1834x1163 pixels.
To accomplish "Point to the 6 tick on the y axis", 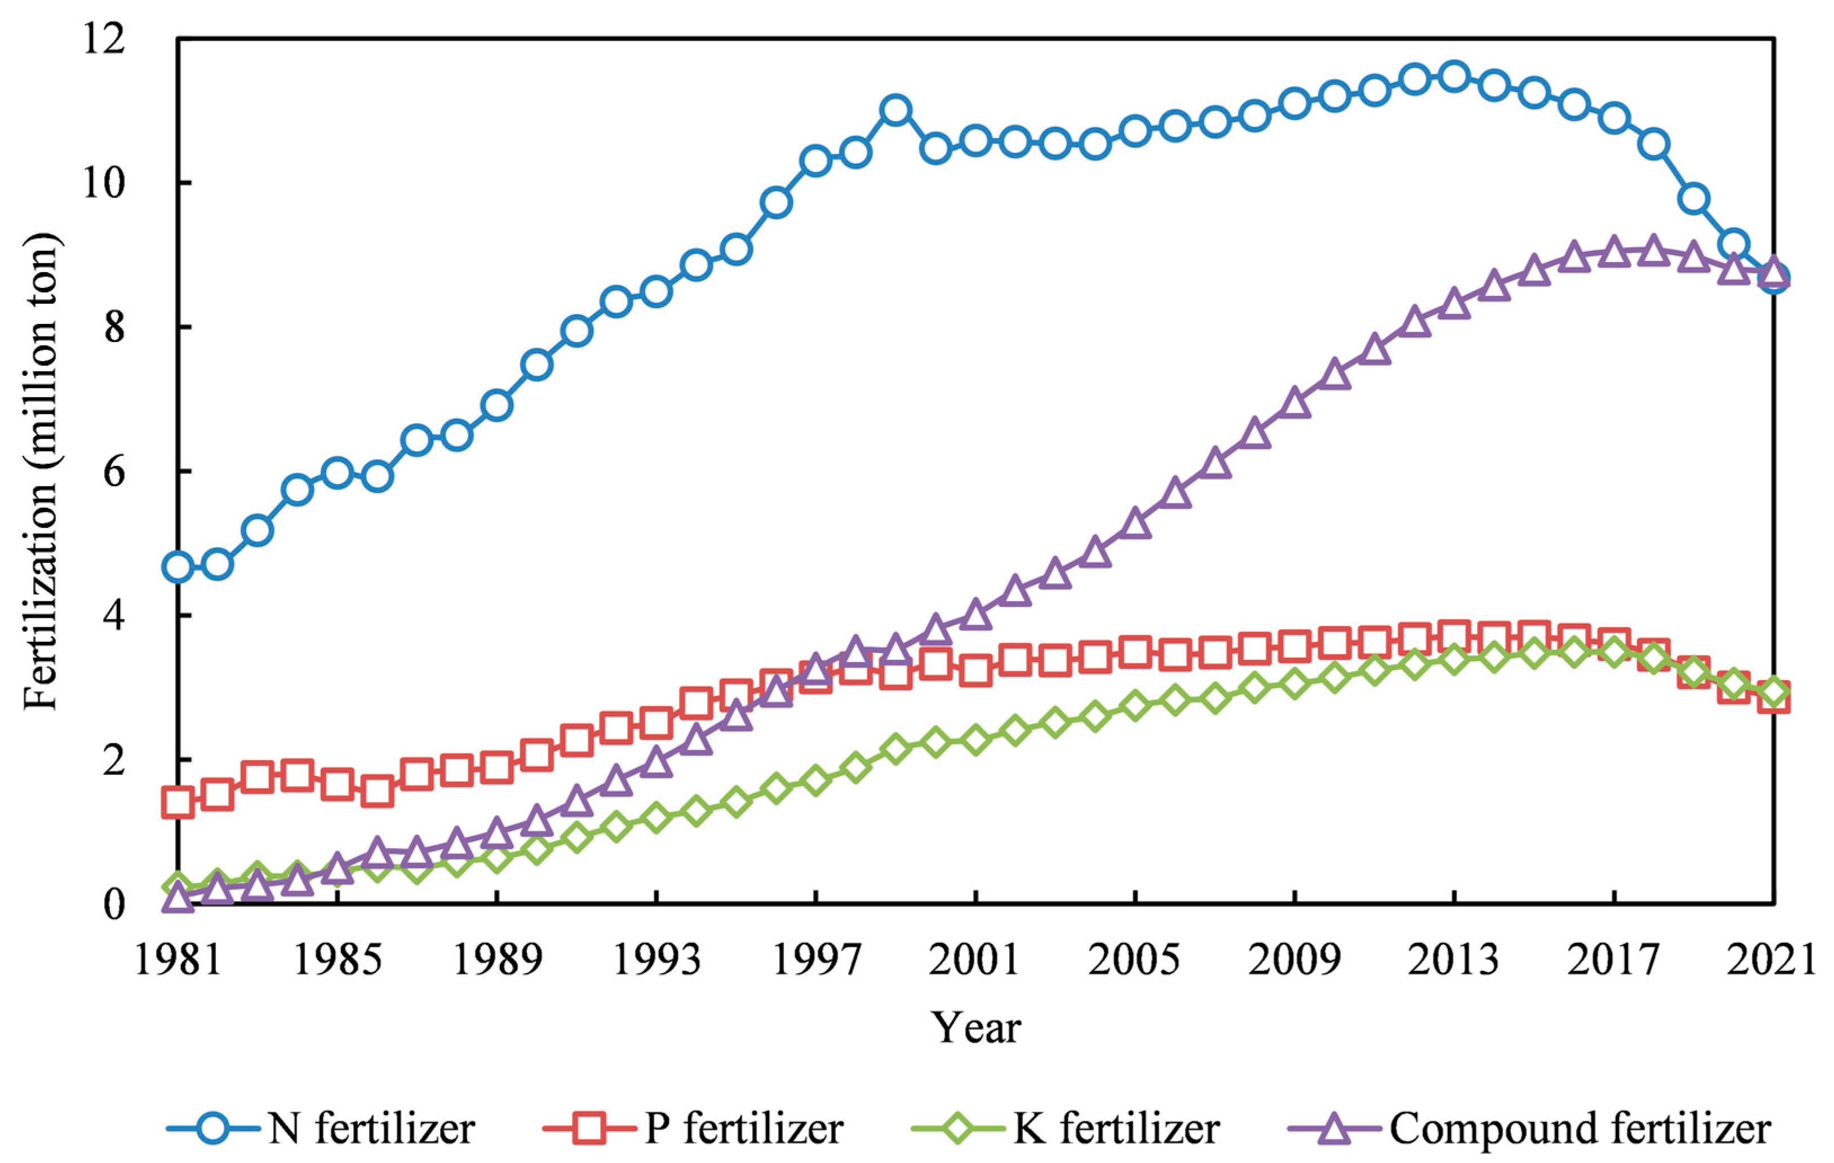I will tap(114, 472).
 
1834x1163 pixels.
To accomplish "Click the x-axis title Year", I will tap(976, 1028).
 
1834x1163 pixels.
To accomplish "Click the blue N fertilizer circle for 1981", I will tap(178, 567).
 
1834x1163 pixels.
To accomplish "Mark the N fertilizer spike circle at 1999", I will tap(896, 110).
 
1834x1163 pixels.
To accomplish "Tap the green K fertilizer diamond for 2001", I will tap(976, 739).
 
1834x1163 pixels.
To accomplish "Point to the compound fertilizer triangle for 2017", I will tap(1614, 252).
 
